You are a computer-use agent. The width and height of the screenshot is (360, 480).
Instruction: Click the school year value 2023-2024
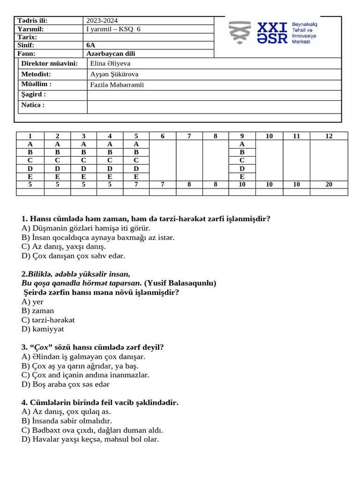coord(102,21)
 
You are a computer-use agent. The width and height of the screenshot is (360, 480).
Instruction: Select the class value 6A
coord(91,45)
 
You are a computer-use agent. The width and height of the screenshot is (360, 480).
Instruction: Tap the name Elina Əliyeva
coord(110,63)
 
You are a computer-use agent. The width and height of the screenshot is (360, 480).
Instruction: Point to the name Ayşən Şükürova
coord(114,74)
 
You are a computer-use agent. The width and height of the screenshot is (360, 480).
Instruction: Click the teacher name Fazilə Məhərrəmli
coord(117,85)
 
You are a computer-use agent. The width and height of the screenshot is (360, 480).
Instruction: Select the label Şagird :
coord(34,95)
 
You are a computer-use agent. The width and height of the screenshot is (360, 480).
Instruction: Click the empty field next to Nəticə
coord(214,106)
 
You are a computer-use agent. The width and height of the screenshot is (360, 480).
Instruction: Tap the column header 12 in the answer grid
coord(329,136)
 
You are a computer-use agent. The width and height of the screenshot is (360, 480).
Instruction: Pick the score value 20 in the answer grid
coord(329,185)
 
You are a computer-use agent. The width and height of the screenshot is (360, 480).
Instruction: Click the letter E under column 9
coord(242,177)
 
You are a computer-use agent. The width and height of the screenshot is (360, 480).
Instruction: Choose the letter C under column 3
coord(83,160)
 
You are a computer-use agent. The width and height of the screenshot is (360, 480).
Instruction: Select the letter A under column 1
coord(30,144)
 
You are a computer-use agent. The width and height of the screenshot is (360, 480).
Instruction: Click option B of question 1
coord(98,238)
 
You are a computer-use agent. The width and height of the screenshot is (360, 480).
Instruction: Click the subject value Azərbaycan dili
coord(111,54)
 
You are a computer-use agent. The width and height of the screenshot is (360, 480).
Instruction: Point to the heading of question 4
coord(100,403)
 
